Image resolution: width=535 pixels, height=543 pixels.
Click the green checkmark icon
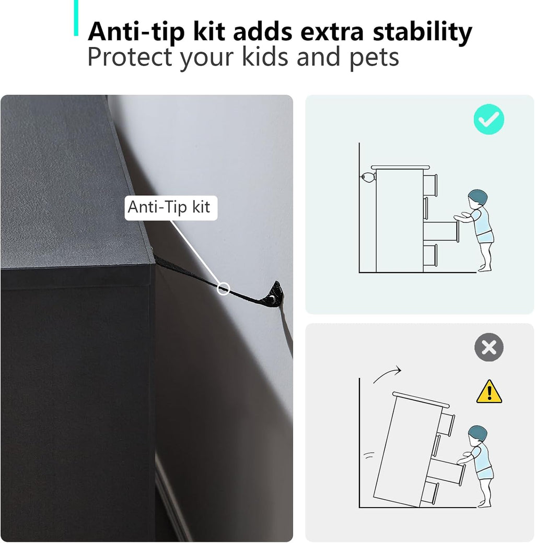pos(489,119)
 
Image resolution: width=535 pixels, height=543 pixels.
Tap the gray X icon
pos(489,347)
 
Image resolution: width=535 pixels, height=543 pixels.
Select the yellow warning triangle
pos(489,392)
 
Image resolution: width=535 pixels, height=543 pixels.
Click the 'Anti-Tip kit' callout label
pos(171,208)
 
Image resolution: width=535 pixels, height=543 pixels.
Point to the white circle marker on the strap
pos(223,288)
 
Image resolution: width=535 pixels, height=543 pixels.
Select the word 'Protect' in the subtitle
pos(130,57)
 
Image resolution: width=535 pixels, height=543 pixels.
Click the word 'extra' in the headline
pos(332,32)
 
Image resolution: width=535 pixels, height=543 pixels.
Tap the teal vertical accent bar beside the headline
pos(76,18)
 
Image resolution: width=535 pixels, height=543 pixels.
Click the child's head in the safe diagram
pos(477,198)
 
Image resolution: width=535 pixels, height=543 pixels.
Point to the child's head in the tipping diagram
pos(477,435)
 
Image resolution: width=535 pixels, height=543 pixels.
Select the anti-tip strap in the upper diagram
pos(367,177)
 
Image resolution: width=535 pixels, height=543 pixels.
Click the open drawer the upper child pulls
pos(441,231)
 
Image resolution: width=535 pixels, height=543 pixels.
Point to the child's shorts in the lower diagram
pos(485,473)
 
